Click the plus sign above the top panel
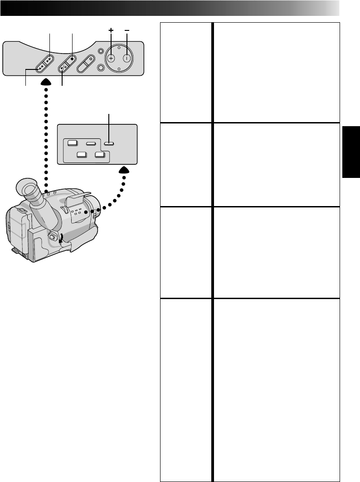[110, 30]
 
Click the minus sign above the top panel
[127, 30]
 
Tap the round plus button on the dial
[110, 58]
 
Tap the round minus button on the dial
[127, 58]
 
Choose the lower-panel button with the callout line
[109, 143]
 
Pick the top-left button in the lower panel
[72, 143]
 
